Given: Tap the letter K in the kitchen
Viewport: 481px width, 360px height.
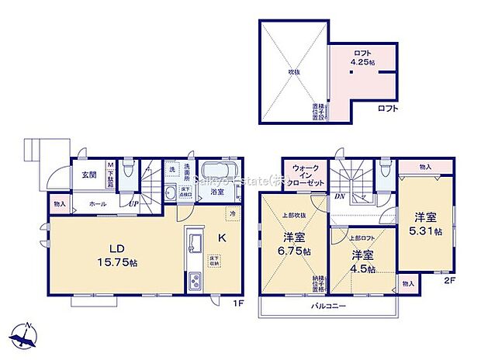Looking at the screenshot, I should tap(220, 238).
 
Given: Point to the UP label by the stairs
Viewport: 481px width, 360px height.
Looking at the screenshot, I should tap(133, 204).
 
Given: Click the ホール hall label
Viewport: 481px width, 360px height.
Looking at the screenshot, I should tap(98, 203).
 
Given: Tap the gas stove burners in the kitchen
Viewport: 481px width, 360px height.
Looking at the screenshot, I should tap(194, 284).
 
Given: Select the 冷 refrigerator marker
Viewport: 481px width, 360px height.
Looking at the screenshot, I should tap(232, 213).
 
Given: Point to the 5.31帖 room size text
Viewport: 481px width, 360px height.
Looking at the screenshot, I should tap(427, 230).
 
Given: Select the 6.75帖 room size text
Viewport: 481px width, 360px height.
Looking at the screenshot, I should tap(296, 252).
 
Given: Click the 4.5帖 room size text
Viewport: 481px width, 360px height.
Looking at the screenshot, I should tap(362, 269).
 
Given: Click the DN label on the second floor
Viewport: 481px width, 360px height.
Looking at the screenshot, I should tap(340, 197).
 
